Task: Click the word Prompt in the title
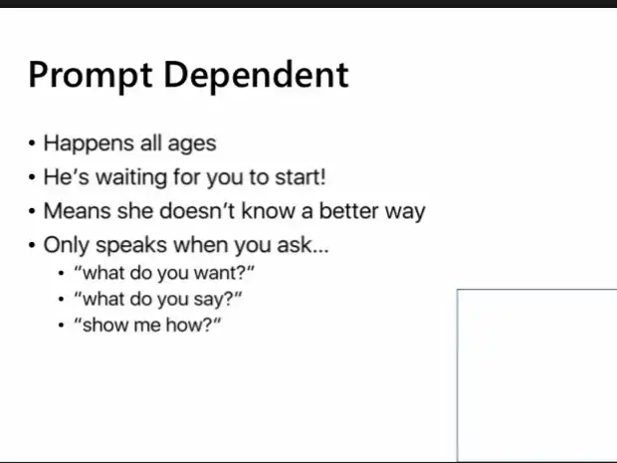[91, 77]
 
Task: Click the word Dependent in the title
[256, 74]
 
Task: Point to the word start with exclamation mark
[301, 177]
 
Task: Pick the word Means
[78, 211]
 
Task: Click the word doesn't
[197, 211]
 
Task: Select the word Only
[67, 246]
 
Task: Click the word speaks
[131, 245]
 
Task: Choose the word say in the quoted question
[208, 300]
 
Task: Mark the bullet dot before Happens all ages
[32, 143]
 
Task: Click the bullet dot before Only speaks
[32, 245]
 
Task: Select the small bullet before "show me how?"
[61, 326]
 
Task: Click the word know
[268, 211]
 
